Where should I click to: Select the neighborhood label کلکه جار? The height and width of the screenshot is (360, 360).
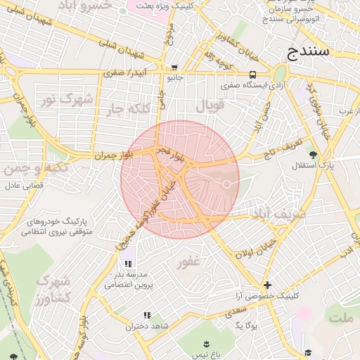(x=131, y=108)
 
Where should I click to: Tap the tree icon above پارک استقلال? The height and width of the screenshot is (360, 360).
(x=313, y=154)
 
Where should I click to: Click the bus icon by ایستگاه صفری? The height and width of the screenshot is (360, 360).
(x=252, y=75)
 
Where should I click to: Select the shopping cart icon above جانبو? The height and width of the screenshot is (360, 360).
(x=174, y=67)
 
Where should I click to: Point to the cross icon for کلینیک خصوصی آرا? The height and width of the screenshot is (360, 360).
(x=267, y=285)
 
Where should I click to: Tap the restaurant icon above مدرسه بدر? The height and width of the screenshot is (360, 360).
(x=128, y=263)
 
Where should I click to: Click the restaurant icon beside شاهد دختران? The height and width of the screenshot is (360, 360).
(x=147, y=316)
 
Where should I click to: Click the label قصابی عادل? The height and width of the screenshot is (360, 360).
(x=25, y=186)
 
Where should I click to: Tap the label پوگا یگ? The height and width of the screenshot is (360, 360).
(x=247, y=326)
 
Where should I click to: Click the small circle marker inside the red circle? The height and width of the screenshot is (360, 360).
(x=227, y=184)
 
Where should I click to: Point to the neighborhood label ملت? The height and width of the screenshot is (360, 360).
(x=342, y=318)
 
